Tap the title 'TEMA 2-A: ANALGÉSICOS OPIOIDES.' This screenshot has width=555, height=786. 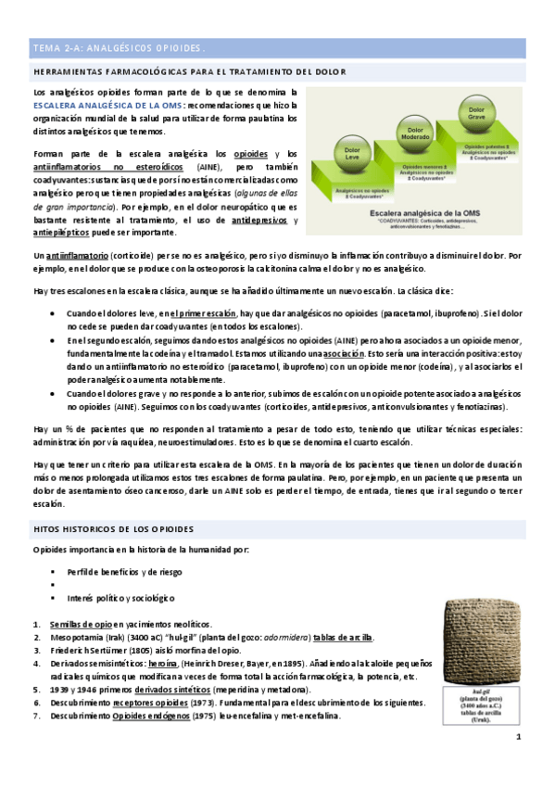[120, 47]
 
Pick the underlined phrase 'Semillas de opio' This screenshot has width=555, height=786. [81, 626]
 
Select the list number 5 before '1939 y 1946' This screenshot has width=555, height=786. [35, 691]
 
